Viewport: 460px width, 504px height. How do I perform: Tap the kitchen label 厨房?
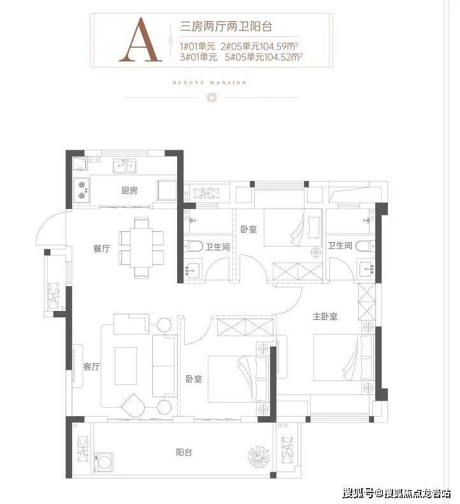(x=129, y=191)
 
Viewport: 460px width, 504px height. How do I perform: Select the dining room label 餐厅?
(x=101, y=248)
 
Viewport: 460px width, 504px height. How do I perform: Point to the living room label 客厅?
(x=92, y=366)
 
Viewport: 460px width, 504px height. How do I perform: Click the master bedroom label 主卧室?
(x=325, y=317)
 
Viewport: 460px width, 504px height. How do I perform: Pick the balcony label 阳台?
(x=184, y=452)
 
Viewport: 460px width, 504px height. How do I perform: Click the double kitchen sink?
(x=124, y=166)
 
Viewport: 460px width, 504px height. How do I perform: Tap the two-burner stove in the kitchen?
(x=82, y=189)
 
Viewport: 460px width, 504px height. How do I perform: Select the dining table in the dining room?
(x=141, y=247)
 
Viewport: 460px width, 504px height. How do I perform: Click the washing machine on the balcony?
(x=103, y=463)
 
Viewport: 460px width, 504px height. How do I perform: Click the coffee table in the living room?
(x=126, y=366)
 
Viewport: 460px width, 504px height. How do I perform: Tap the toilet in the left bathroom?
(x=194, y=247)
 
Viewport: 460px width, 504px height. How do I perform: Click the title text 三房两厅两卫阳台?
(x=226, y=26)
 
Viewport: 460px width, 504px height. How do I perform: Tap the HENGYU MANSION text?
(x=210, y=83)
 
